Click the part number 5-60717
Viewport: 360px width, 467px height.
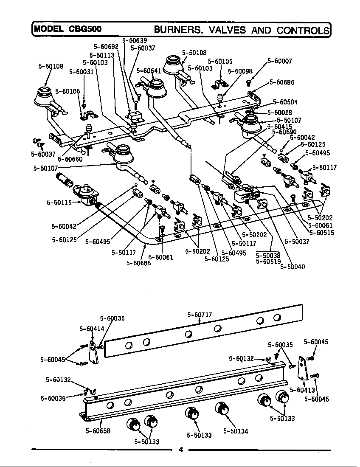200,315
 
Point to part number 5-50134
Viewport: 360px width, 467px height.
236,431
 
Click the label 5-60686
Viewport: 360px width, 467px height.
282,82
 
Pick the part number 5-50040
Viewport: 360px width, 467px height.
292,267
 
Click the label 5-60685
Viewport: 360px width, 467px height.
138,263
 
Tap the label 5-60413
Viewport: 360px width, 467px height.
302,389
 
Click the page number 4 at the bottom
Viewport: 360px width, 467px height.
180,450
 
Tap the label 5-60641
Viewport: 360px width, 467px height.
149,70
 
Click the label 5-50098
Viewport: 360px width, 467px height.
240,71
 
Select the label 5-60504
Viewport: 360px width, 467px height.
285,102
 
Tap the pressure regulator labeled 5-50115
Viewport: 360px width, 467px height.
87,194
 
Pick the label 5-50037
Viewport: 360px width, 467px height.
297,241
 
